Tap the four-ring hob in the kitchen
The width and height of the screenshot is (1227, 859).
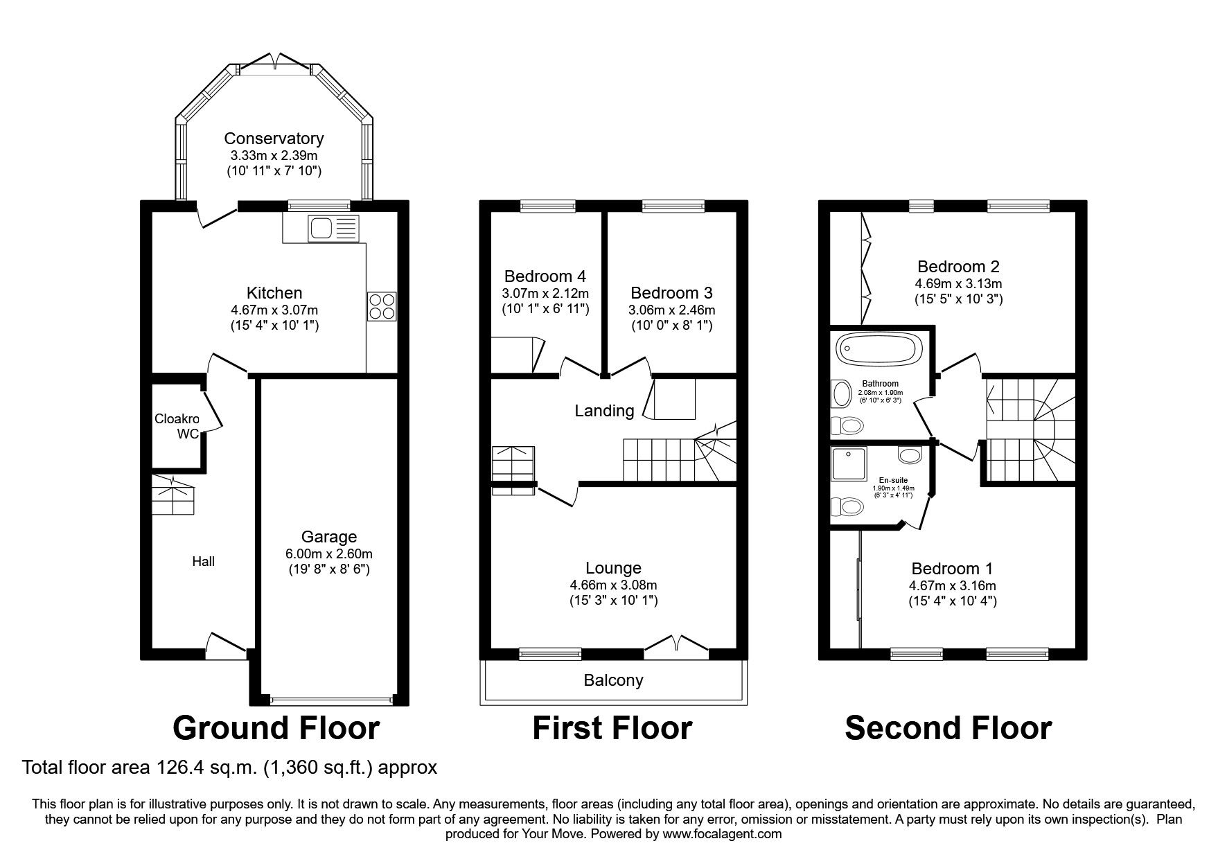[382, 305]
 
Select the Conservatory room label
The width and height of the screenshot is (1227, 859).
[274, 139]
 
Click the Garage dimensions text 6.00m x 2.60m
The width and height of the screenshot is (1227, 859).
[329, 554]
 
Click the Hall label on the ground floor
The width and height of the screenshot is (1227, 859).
[203, 561]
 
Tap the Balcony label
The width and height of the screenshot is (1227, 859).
[613, 680]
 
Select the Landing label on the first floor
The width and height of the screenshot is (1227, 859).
[604, 411]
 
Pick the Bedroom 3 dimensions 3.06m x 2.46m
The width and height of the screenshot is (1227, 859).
[671, 310]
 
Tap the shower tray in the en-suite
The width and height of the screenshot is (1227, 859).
[848, 463]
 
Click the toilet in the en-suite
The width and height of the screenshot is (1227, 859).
[847, 506]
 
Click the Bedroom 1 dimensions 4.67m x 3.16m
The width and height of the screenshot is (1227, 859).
[953, 585]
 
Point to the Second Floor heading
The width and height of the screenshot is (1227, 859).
[948, 728]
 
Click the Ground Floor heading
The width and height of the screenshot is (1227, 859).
[276, 728]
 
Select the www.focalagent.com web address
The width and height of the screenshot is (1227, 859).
[722, 834]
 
